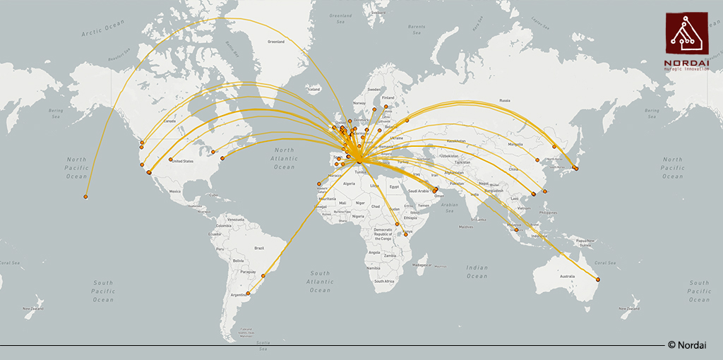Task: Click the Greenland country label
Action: (276, 42)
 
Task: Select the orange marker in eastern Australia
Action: (598, 280)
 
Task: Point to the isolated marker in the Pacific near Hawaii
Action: (85, 197)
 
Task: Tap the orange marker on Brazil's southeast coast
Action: (263, 275)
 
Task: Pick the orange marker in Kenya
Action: (398, 224)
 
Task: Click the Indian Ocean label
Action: (477, 272)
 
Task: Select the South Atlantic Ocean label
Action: (320, 281)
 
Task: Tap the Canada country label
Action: (169, 121)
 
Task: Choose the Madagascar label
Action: (422, 265)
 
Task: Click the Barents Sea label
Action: (417, 30)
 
